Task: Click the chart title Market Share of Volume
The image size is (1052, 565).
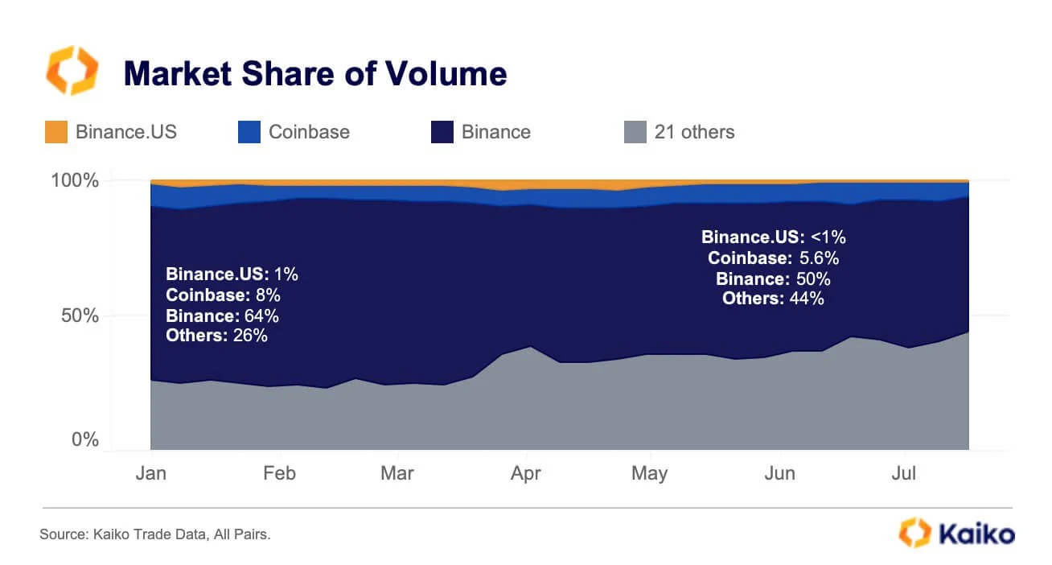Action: point(314,74)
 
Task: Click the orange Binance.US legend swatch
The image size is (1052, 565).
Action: point(55,132)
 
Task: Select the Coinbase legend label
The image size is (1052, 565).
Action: point(309,132)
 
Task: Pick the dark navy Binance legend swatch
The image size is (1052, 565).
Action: point(442,132)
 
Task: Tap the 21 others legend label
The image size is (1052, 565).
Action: point(694,132)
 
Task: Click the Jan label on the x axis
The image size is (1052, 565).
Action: point(150,472)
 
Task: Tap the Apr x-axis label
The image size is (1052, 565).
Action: point(526,472)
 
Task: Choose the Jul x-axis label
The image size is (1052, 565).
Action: point(905,472)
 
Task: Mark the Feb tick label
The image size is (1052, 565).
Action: point(279,472)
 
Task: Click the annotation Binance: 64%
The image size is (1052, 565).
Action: point(222,315)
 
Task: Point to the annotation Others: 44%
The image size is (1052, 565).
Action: point(772,299)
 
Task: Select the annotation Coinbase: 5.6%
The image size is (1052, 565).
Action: point(773,258)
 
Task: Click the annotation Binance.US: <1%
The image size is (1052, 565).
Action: point(773,237)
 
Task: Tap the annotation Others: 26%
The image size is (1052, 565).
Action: point(216,336)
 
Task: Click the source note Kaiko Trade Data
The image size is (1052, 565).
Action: point(154,534)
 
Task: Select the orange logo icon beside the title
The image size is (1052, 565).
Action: point(72,71)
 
